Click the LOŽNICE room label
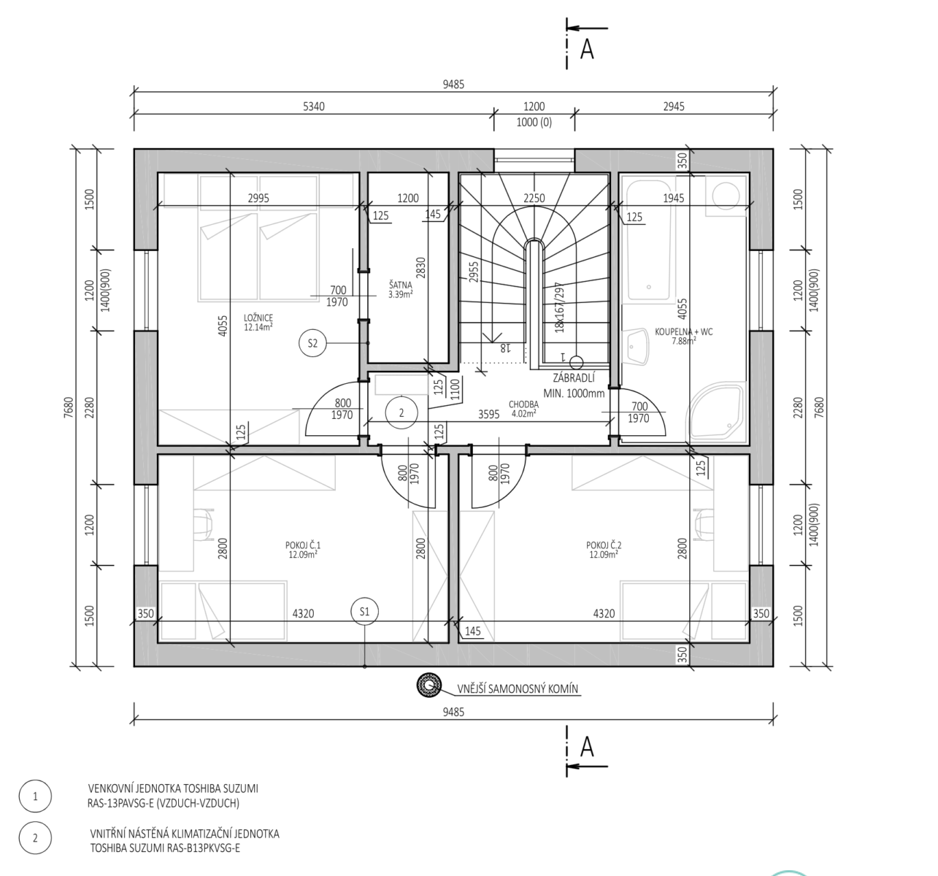(x=258, y=318)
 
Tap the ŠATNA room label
(x=401, y=285)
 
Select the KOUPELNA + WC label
(x=683, y=331)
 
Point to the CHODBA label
(x=523, y=404)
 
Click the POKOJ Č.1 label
(x=303, y=545)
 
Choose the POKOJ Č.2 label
(x=604, y=545)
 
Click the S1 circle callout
(x=365, y=612)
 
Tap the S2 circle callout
(x=312, y=343)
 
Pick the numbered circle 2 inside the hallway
(x=401, y=412)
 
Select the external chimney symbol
(x=429, y=685)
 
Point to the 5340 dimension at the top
(x=314, y=107)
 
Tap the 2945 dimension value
(x=674, y=107)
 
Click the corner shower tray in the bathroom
(x=717, y=412)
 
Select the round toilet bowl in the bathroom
(x=726, y=195)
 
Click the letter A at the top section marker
(x=587, y=49)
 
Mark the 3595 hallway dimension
(x=488, y=415)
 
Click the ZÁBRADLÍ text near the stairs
(x=573, y=378)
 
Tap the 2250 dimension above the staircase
(x=534, y=198)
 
